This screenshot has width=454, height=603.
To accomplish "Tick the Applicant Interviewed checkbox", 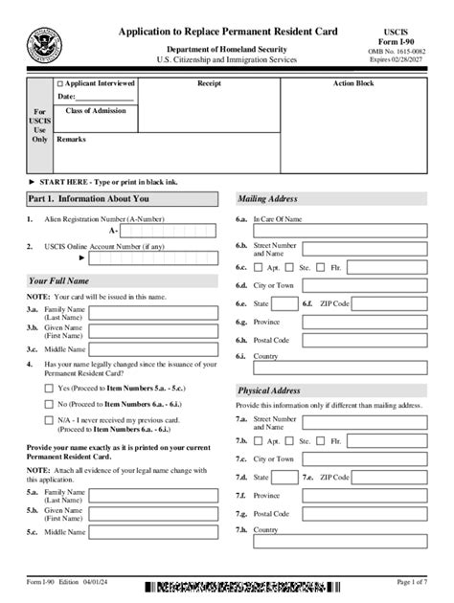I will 60,84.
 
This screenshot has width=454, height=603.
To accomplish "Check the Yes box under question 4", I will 49,389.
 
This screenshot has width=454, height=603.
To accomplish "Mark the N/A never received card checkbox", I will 49,420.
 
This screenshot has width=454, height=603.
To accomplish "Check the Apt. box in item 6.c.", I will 260,268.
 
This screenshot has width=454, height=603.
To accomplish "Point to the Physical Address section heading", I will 269,391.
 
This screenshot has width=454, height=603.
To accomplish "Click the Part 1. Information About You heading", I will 88,199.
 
